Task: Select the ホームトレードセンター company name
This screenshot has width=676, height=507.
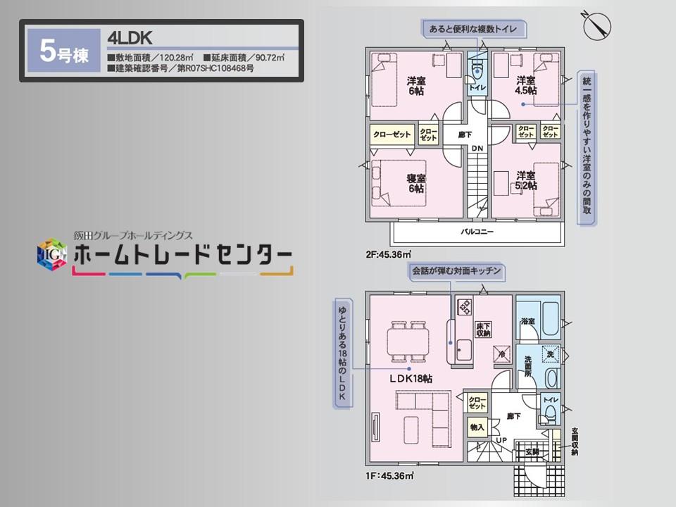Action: pyautogui.click(x=182, y=256)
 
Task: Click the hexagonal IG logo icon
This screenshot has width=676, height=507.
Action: pyautogui.click(x=51, y=255)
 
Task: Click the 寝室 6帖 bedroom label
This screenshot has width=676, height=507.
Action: pyautogui.click(x=415, y=183)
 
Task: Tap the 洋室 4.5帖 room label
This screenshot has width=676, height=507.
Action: pyautogui.click(x=526, y=84)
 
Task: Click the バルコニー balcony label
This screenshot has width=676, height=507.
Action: pyautogui.click(x=477, y=232)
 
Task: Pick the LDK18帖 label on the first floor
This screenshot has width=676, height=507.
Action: pyautogui.click(x=411, y=378)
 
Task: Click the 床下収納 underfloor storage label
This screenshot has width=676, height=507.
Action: pyautogui.click(x=483, y=330)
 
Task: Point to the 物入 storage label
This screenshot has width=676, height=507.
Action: pyautogui.click(x=477, y=427)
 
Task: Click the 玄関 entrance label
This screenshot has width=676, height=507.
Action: pyautogui.click(x=531, y=451)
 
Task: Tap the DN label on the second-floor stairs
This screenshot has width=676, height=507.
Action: pyautogui.click(x=477, y=148)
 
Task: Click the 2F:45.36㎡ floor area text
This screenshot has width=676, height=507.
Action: pyautogui.click(x=387, y=254)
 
